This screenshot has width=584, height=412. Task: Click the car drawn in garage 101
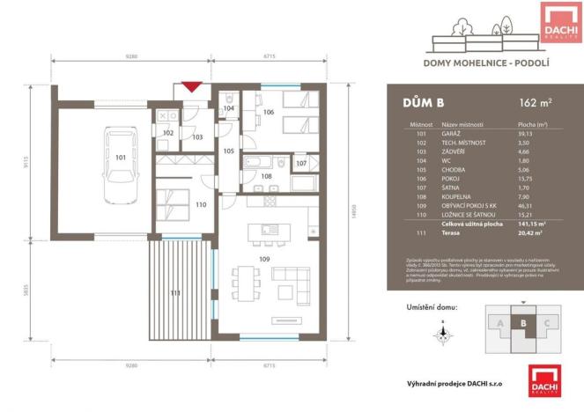tap(121, 164)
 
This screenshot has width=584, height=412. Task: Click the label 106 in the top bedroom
tap(269, 113)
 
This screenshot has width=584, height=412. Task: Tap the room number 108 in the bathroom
tap(266, 176)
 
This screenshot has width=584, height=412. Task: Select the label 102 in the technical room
tap(167, 133)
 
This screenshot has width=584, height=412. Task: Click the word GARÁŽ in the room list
tap(454, 135)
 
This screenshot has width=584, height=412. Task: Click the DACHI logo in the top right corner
tap(559, 21)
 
